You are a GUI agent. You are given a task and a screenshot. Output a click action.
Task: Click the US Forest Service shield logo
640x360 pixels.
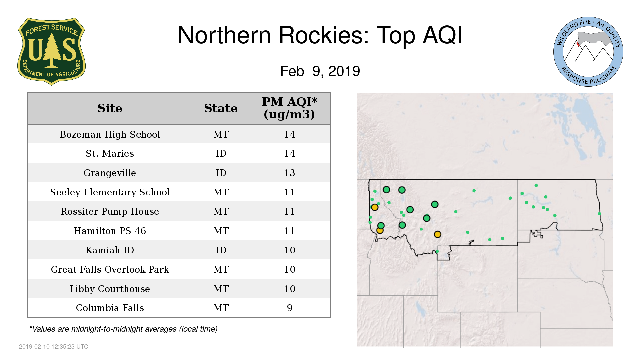pyautogui.click(x=51, y=52)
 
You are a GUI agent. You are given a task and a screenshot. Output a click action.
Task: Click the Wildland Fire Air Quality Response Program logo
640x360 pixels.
pyautogui.click(x=588, y=52)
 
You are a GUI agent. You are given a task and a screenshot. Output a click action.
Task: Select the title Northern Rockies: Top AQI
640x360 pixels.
pyautogui.click(x=320, y=35)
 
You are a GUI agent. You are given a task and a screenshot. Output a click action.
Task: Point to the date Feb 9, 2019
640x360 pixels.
pyautogui.click(x=320, y=71)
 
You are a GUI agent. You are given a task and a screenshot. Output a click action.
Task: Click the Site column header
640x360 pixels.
pyautogui.click(x=110, y=108)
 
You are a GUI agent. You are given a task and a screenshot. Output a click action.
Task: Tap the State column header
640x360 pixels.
pyautogui.click(x=221, y=108)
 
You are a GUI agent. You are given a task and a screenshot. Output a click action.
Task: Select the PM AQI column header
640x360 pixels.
pyautogui.click(x=289, y=108)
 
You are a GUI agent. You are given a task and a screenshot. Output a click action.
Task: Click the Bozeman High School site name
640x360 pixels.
pyautogui.click(x=110, y=134)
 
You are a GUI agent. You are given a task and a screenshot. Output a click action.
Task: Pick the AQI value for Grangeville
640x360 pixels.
pyautogui.click(x=289, y=173)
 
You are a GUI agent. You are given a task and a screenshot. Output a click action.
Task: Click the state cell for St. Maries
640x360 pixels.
pyautogui.click(x=221, y=153)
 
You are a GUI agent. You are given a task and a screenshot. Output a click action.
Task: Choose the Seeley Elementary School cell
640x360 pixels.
pyautogui.click(x=110, y=192)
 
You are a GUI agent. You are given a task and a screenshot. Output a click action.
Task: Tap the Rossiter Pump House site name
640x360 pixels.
pyautogui.click(x=110, y=211)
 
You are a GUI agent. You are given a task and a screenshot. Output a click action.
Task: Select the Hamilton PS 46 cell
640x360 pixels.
pyautogui.click(x=110, y=231)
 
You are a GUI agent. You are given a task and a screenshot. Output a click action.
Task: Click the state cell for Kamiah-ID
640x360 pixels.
pyautogui.click(x=221, y=250)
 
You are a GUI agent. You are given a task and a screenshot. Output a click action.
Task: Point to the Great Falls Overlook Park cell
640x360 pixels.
pyautogui.click(x=110, y=269)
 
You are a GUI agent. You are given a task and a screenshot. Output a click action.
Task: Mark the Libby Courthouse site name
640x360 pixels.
pyautogui.click(x=110, y=289)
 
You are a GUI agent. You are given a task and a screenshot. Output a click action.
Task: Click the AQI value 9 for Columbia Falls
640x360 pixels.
pyautogui.click(x=289, y=308)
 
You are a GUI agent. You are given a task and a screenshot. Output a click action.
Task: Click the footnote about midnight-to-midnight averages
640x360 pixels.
pyautogui.click(x=123, y=329)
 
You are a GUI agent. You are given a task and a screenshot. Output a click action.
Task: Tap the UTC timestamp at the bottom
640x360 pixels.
pyautogui.click(x=53, y=347)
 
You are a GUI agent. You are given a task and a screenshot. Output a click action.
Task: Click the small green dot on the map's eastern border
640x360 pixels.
pyautogui.click(x=599, y=214)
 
